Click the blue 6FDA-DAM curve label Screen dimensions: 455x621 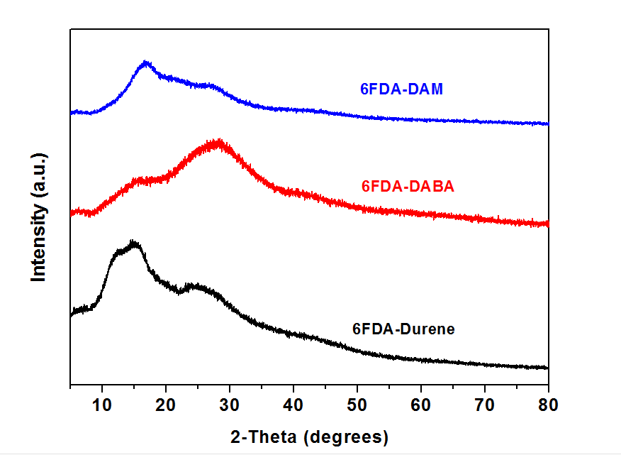(x=401, y=89)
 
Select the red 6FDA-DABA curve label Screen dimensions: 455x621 (x=408, y=187)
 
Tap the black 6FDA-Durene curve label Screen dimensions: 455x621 (x=403, y=329)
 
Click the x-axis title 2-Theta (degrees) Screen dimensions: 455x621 (x=309, y=436)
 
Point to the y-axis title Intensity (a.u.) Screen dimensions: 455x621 (x=38, y=216)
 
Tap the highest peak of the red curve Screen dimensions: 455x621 (x=218, y=141)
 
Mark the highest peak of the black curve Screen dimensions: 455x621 (x=133, y=243)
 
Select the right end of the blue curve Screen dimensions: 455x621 (x=548, y=124)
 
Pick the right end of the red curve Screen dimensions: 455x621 (x=548, y=224)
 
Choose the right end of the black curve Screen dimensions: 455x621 (x=548, y=368)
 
